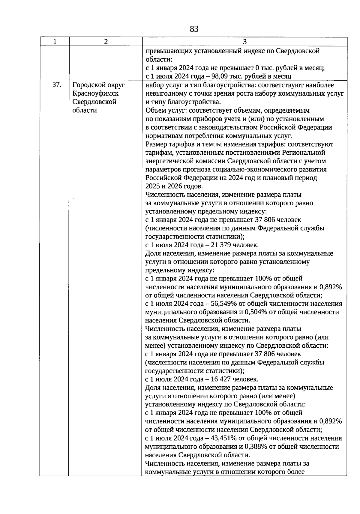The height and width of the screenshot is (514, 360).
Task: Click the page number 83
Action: pos(194,29)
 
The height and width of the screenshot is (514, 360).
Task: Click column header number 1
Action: pos(55,42)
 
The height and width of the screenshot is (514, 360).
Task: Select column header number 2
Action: pos(106,42)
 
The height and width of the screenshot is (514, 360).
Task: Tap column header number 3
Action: pos(244,42)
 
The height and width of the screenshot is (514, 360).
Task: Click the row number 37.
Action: pos(57,85)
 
